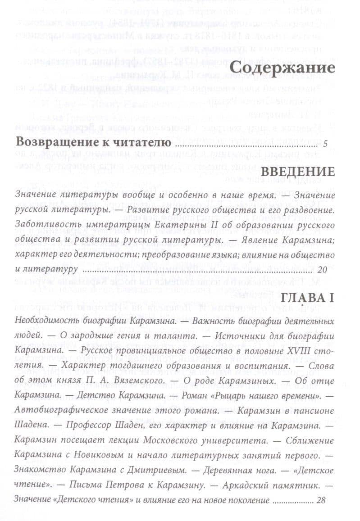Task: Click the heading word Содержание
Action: point(283,69)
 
